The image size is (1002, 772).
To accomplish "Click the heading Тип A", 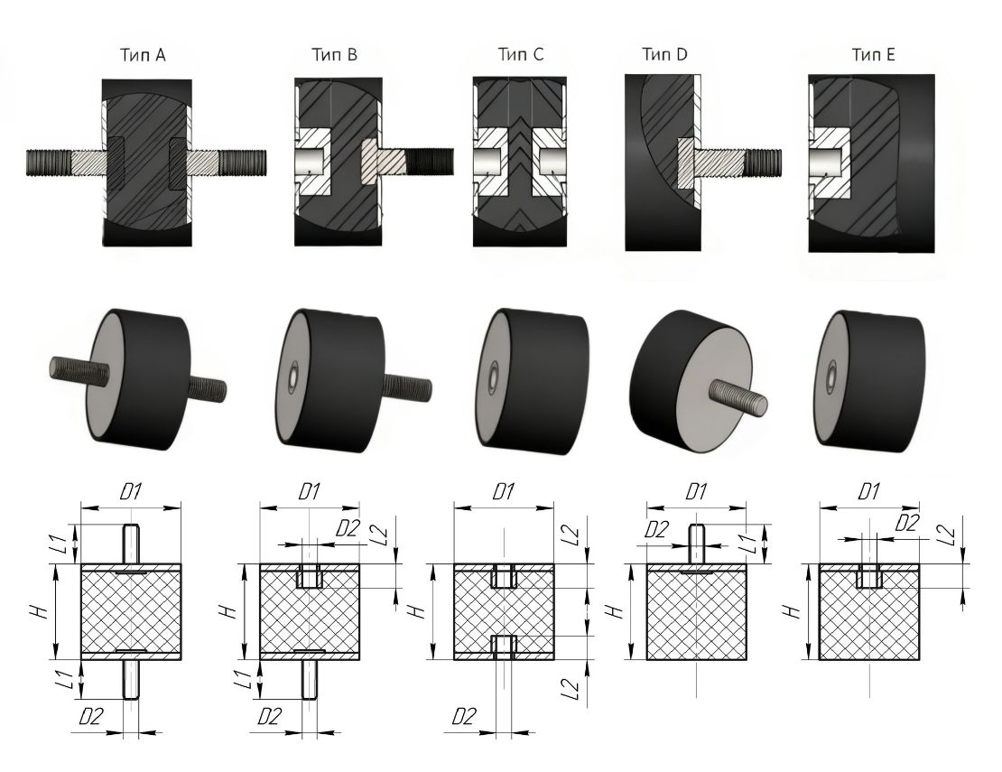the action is click(143, 55).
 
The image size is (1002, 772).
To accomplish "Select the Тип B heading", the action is click(334, 55).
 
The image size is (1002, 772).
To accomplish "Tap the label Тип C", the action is click(521, 55).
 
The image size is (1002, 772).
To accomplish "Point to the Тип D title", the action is click(664, 55).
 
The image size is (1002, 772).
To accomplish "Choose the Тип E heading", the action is click(874, 55).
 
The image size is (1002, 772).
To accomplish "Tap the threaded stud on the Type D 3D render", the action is click(738, 395).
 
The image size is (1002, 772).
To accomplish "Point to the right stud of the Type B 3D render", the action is click(406, 386).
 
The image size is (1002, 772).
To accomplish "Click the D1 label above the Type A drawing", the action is click(131, 492).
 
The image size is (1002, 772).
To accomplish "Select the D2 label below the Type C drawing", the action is click(464, 717).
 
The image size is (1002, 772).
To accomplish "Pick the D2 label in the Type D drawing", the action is click(655, 530).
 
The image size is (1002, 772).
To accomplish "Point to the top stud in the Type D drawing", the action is click(697, 544).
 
